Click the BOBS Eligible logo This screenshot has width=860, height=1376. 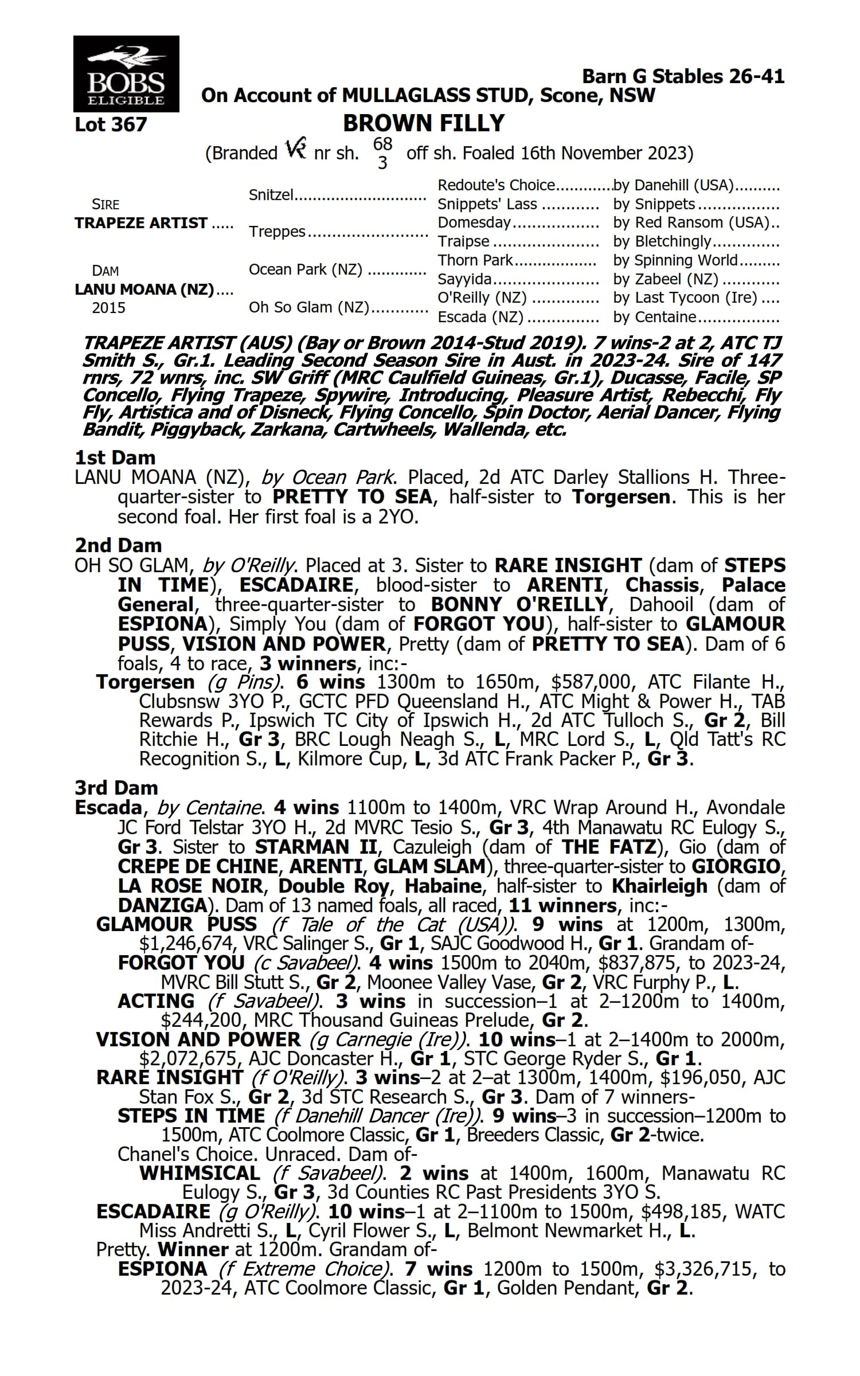[126, 73]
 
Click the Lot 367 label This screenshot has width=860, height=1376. [111, 124]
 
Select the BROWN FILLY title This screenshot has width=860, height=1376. [424, 123]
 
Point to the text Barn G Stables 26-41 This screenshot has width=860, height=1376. [683, 76]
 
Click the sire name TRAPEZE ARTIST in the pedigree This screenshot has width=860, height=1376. [141, 223]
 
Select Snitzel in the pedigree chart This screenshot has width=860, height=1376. [271, 195]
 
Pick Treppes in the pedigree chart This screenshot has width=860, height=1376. [277, 232]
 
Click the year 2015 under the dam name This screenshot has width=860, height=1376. [108, 308]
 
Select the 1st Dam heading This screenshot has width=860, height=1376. [115, 458]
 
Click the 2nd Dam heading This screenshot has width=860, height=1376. [118, 545]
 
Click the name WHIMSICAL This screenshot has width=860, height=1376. [200, 1173]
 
